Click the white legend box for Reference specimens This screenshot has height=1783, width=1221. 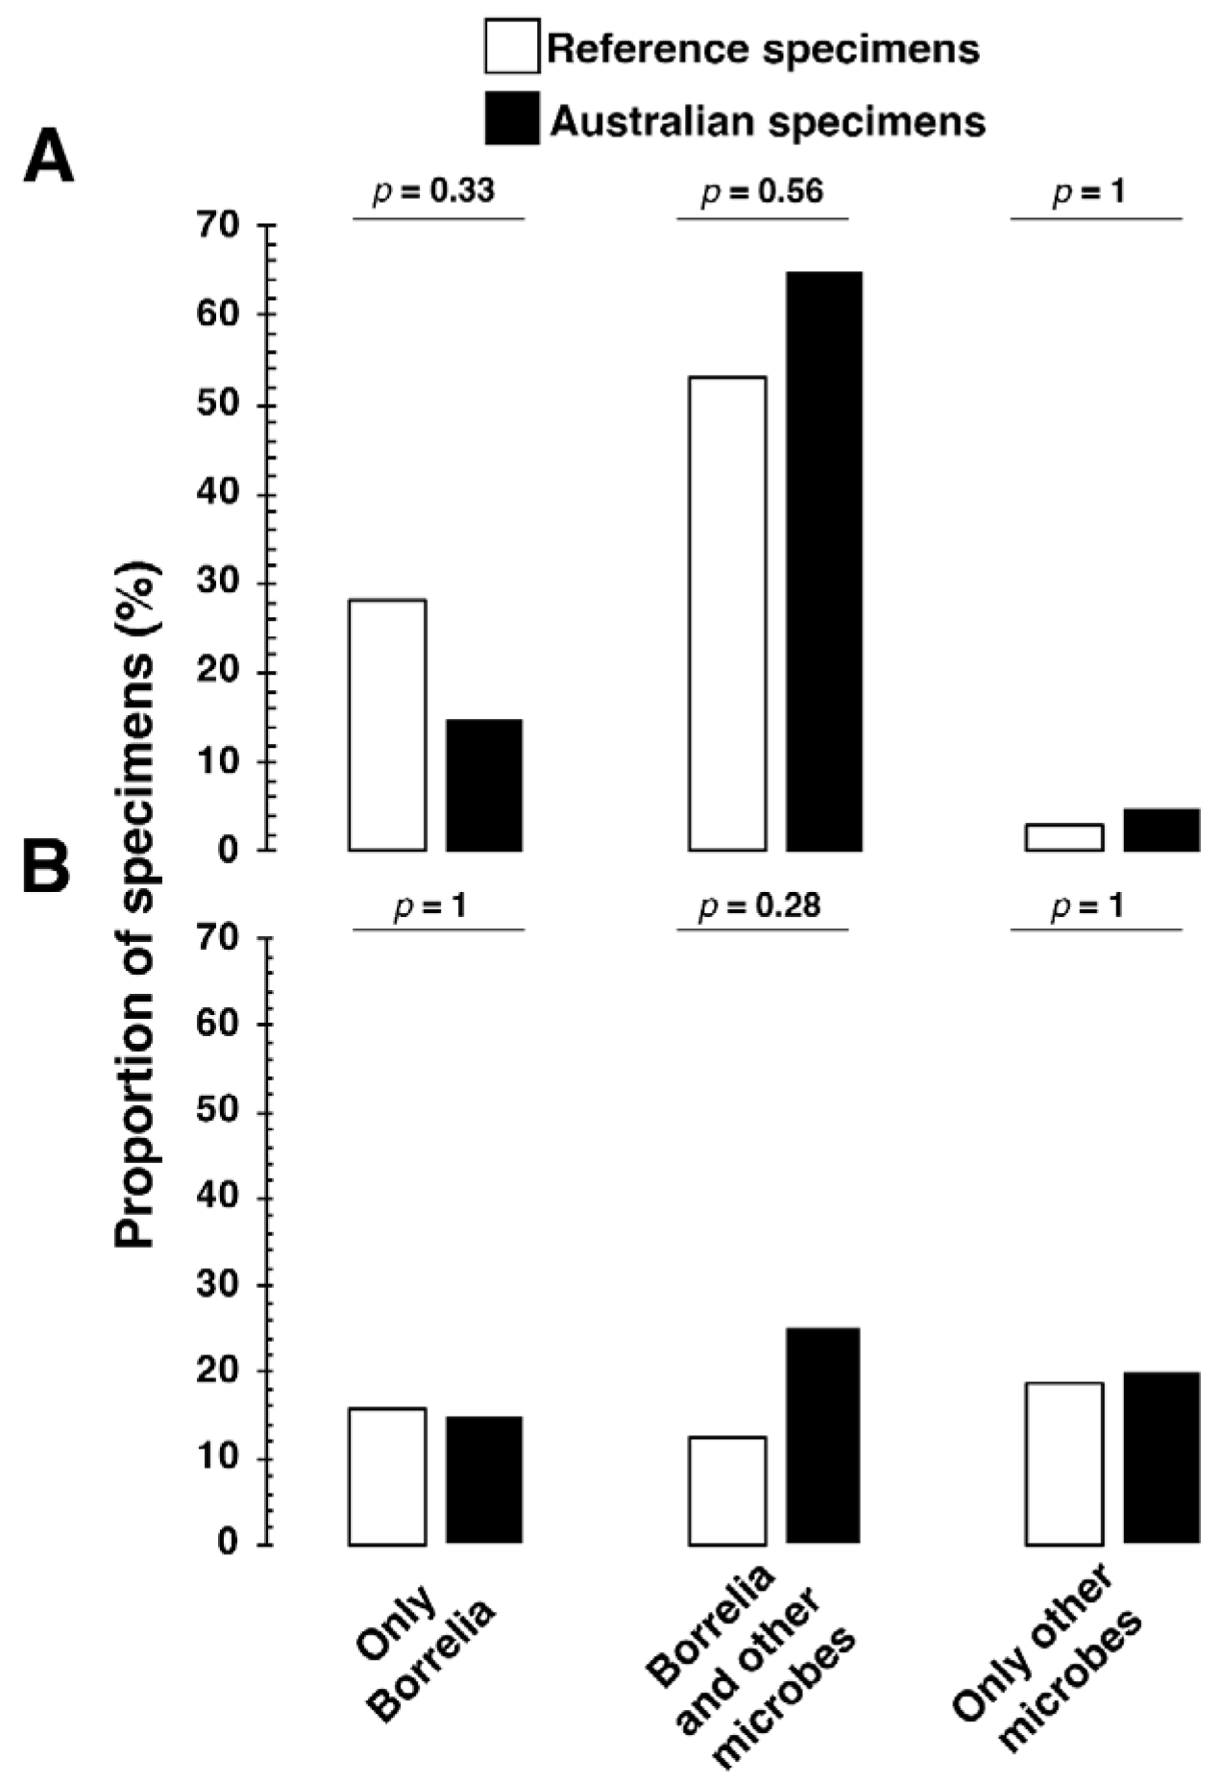511,46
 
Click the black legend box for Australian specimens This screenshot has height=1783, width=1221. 511,119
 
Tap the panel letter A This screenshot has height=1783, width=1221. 48,158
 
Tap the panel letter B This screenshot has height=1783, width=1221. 46,868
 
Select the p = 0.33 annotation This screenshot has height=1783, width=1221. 434,191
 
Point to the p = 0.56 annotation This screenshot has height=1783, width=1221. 763,191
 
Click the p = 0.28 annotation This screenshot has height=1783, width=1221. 761,906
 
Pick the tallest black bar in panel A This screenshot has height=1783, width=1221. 824,561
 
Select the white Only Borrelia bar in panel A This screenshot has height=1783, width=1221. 388,725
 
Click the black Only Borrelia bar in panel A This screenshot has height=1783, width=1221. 484,784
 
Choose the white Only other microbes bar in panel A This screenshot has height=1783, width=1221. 1063,837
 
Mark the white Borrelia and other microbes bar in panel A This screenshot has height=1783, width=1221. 727,613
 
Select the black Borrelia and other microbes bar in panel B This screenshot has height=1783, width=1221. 823,1435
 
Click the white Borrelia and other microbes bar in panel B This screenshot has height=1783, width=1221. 727,1490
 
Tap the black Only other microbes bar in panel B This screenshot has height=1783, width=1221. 1161,1457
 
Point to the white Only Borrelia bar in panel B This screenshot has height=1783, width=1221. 388,1476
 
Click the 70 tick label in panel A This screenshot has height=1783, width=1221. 216,226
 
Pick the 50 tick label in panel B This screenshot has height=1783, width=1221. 216,1111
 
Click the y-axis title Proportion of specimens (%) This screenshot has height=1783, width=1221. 135,904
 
